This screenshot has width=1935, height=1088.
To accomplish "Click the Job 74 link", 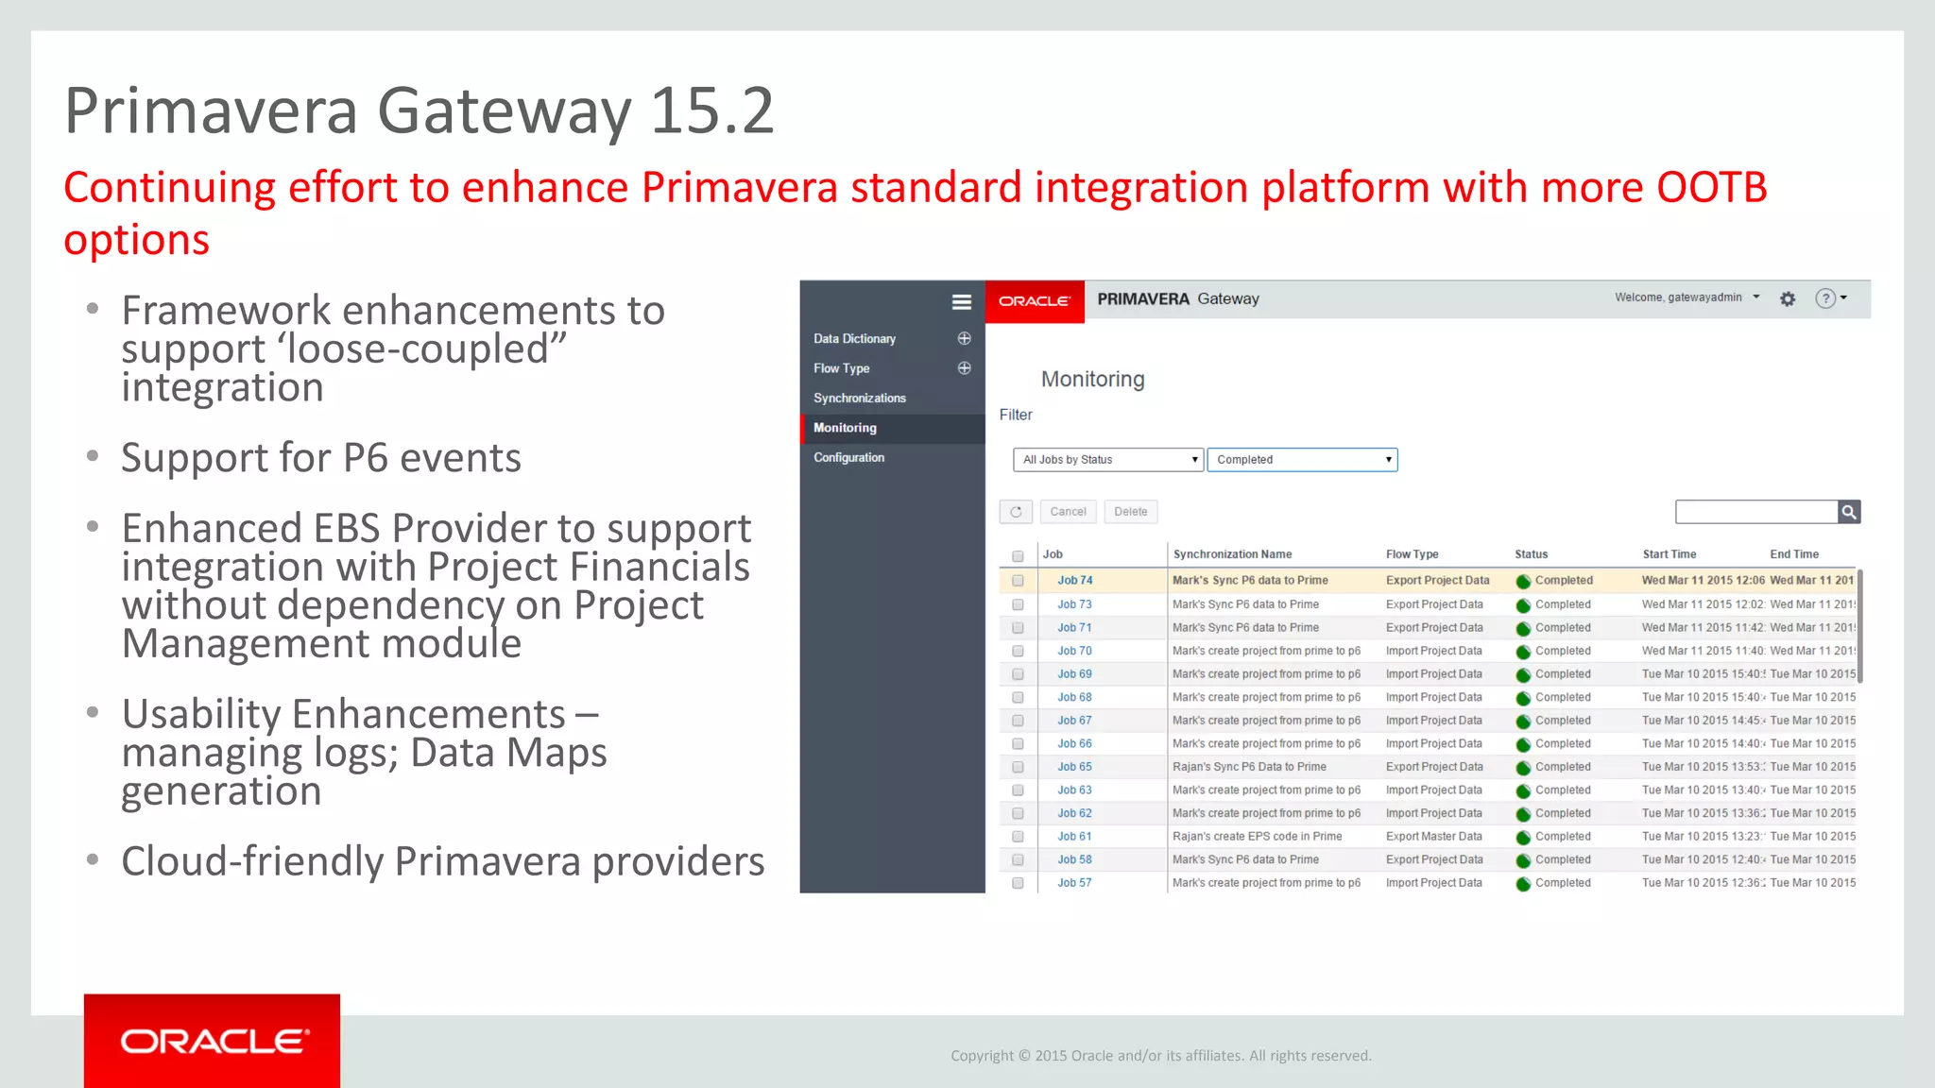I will (x=1074, y=581).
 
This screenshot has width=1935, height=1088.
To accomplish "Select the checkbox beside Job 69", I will (x=1018, y=674).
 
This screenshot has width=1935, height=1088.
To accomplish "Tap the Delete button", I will (x=1130, y=512).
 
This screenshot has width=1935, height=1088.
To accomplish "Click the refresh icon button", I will (x=1016, y=512).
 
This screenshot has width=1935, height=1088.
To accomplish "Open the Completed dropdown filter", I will (x=1302, y=460).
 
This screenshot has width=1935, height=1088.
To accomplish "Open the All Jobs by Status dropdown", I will (x=1108, y=460).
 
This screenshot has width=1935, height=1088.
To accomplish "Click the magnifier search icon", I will (x=1849, y=512).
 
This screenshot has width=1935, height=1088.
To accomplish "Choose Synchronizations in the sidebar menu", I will (x=859, y=399).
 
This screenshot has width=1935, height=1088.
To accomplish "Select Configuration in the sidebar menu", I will (x=848, y=458).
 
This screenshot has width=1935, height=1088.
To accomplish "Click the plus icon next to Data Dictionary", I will (x=964, y=338).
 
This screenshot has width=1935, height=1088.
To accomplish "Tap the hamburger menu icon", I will (x=961, y=302).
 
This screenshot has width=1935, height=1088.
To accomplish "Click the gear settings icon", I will (x=1788, y=298).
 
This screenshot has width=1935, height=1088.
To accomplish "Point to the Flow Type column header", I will (x=1412, y=554).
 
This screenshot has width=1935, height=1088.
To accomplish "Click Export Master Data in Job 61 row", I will (x=1433, y=837).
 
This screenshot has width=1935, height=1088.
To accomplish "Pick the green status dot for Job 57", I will (x=1523, y=884).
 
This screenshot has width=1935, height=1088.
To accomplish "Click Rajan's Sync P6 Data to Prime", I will (x=1249, y=767).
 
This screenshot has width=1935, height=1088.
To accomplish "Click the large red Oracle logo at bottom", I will (x=212, y=1041).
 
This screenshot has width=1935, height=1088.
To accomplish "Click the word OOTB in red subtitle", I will (x=1711, y=187).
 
